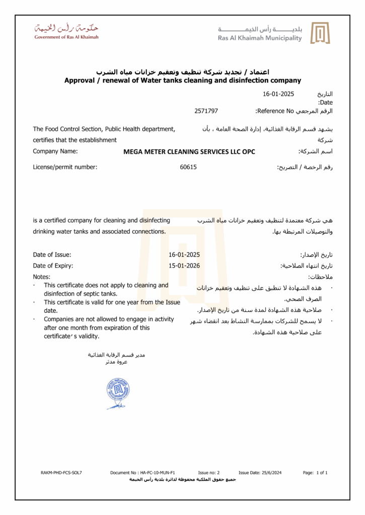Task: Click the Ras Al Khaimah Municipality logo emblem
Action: [x=320, y=33]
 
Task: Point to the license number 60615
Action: [x=188, y=167]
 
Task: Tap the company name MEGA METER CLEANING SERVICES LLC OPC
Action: [x=189, y=152]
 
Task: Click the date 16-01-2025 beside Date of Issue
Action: [x=184, y=254]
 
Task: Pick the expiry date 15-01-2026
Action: [x=184, y=266]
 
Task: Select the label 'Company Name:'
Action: [x=55, y=151]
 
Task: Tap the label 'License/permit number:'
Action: [x=65, y=167]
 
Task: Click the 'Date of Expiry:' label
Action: [x=53, y=266]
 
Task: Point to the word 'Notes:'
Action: [x=42, y=277]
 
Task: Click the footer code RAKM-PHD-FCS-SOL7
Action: [x=61, y=473]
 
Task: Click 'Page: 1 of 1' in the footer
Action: [x=316, y=473]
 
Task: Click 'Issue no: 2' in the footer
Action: [x=209, y=473]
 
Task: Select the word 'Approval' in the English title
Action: [x=84, y=80]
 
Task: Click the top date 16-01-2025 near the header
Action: [x=278, y=94]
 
